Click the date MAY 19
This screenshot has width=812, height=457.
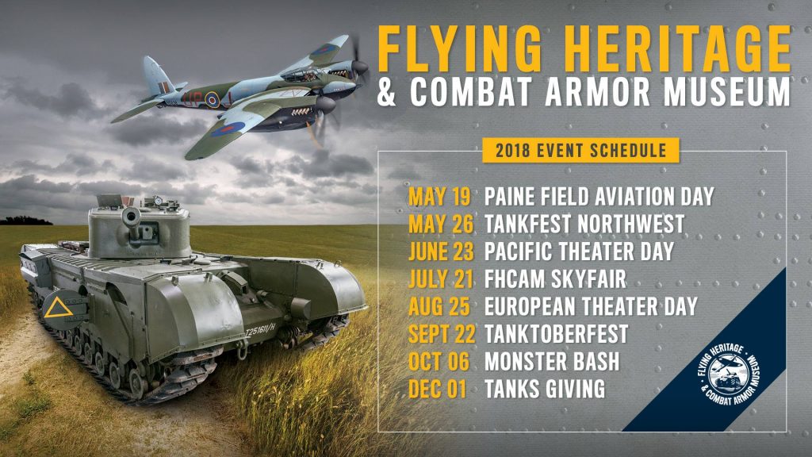tap(440, 195)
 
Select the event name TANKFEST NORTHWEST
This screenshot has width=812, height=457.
tap(584, 224)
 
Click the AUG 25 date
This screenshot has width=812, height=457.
tap(442, 306)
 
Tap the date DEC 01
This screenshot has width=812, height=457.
tap(439, 390)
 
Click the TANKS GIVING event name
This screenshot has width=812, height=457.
tap(545, 390)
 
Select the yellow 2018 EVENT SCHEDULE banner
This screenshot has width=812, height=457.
tap(569, 150)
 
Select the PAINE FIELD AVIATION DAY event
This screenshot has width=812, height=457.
tap(599, 195)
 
